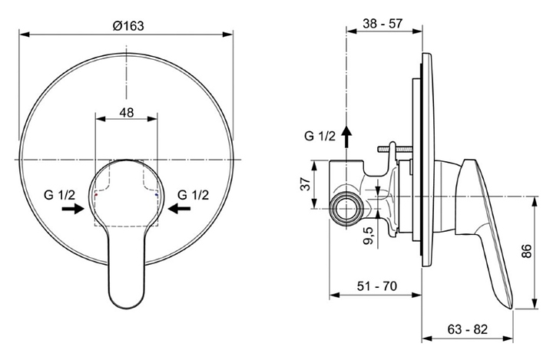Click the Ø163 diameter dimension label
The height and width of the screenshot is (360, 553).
(127, 25)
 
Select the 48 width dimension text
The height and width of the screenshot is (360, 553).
(127, 112)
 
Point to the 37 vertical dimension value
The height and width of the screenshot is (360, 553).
(306, 183)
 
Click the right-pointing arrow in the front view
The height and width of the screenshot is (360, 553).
(74, 207)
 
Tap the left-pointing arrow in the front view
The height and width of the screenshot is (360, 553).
(180, 207)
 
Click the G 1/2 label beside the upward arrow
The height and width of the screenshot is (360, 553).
(320, 137)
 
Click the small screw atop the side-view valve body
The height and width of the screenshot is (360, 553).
(392, 146)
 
